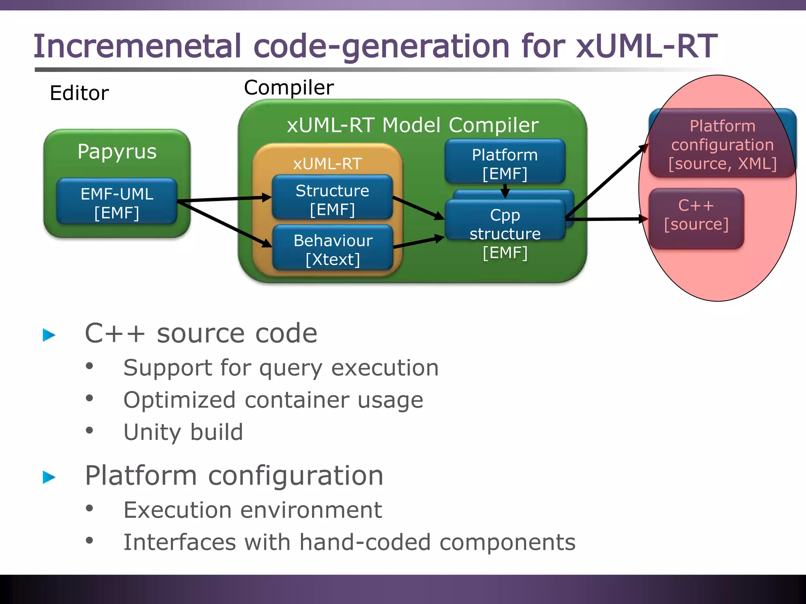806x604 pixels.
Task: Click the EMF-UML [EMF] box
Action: [x=117, y=202]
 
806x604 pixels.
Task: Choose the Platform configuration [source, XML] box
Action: [x=722, y=144]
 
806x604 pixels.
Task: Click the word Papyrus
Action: [x=117, y=152]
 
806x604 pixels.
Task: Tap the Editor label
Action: [x=79, y=94]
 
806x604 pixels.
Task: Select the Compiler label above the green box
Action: [x=288, y=88]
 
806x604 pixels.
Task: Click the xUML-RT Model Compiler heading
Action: [x=412, y=125]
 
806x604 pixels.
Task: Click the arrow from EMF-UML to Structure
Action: [x=224, y=199]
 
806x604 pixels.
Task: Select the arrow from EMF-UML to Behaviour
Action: [x=224, y=224]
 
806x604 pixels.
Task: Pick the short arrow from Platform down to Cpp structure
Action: [x=505, y=191]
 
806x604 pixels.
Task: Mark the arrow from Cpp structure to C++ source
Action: [x=606, y=219]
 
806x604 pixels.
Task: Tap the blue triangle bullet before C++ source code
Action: [x=49, y=335]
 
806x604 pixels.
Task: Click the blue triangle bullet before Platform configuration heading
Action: [x=49, y=477]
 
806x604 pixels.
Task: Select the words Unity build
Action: [x=183, y=432]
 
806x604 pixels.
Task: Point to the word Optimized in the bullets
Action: [x=179, y=400]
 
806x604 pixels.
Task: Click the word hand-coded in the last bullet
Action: [x=365, y=542]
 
